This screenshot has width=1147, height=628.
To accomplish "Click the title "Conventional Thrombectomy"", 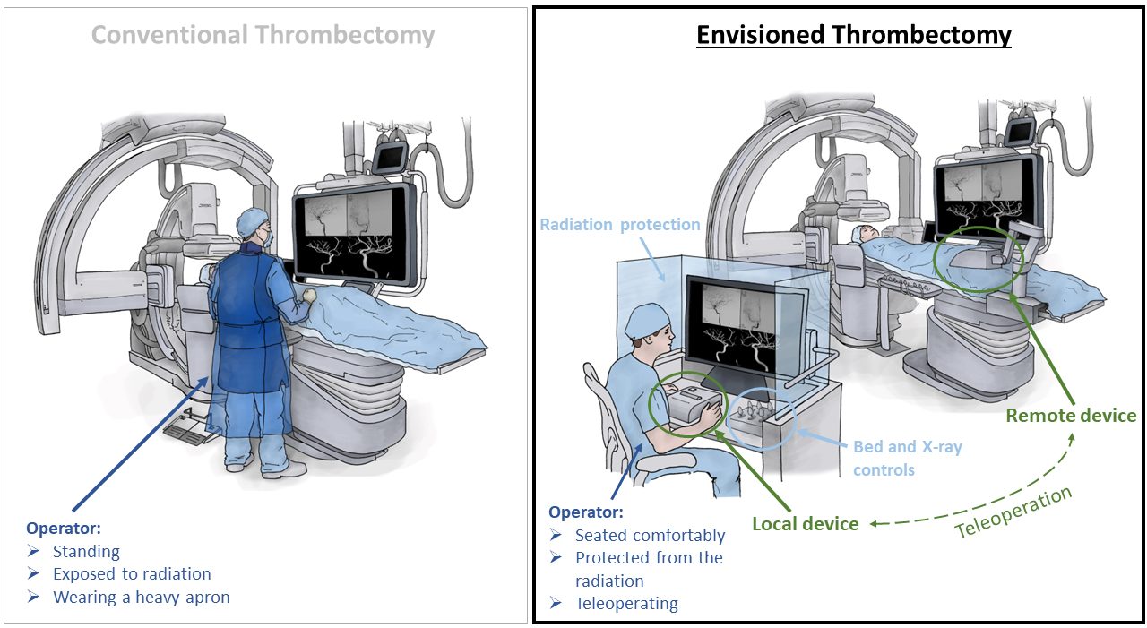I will click(x=263, y=36).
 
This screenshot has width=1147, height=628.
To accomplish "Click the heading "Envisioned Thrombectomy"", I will click(x=853, y=35).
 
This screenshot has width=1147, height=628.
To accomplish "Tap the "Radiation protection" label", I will click(x=620, y=224).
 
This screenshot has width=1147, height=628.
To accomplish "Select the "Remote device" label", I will click(x=1070, y=416).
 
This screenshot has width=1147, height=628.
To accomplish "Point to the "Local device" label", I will click(x=805, y=523).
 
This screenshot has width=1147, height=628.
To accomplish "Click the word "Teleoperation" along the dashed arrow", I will click(x=1013, y=512).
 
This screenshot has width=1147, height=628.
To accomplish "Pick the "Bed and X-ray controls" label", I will click(x=907, y=457).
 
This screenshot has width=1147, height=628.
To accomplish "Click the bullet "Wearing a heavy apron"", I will click(x=141, y=597).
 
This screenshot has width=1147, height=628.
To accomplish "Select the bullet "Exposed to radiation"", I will click(x=132, y=574).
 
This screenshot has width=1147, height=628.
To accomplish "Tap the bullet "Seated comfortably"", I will click(x=650, y=535).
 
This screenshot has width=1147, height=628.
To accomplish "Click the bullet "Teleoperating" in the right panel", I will click(x=626, y=603).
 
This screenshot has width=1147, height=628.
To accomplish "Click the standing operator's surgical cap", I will click(x=252, y=221).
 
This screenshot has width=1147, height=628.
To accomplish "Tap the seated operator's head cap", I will click(x=646, y=320).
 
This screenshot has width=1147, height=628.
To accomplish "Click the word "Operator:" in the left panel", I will click(x=63, y=529).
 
